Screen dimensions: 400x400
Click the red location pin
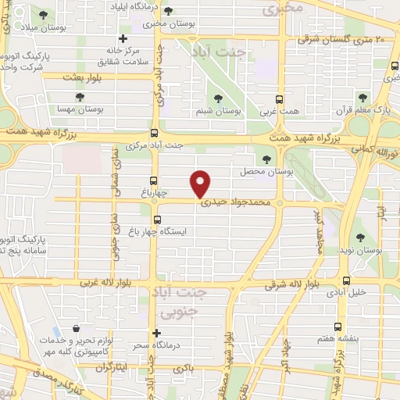[201, 183]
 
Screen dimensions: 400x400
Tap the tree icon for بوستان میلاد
[42, 15]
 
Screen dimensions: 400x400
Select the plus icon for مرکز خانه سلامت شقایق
[122, 38]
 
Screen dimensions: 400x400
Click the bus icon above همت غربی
[280, 99]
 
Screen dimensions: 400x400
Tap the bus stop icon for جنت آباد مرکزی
[154, 133]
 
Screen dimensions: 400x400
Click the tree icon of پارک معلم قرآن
[362, 97]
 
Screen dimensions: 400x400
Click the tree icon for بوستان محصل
[266, 159]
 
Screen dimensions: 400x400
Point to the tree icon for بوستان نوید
[360, 237]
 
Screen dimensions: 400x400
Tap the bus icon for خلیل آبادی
[345, 280]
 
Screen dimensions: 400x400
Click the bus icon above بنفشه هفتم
[337, 327]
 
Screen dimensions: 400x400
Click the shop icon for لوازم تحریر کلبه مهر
[75, 330]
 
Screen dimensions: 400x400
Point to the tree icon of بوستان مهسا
[80, 97]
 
